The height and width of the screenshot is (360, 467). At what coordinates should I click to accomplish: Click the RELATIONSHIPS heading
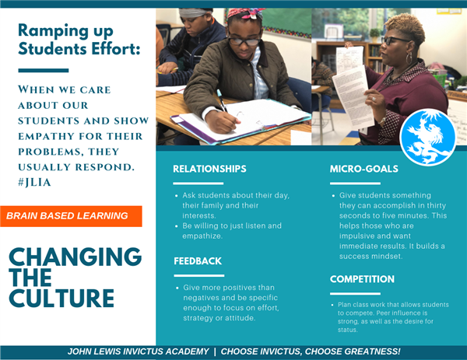[209, 169]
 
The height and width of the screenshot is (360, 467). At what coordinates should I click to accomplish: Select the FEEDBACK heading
[198, 261]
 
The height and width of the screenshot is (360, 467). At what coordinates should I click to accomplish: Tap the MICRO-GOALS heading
[364, 169]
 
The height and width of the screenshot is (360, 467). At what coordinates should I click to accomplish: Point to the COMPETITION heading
[362, 279]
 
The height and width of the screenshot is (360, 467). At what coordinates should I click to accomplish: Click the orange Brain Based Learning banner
[71, 216]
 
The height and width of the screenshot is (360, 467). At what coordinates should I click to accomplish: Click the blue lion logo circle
[427, 137]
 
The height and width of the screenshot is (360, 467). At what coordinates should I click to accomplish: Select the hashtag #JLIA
[34, 183]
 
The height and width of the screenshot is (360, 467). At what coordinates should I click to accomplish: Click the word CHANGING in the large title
[75, 257]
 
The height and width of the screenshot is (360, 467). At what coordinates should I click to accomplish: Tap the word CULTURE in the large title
[61, 298]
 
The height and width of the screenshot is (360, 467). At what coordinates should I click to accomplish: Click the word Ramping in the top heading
[53, 31]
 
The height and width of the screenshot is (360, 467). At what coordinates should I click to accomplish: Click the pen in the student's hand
[222, 100]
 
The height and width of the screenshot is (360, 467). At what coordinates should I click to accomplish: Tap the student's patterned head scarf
[246, 14]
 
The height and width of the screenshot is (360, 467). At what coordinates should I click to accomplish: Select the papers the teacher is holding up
[353, 86]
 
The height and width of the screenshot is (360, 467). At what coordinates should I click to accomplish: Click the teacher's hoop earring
[409, 58]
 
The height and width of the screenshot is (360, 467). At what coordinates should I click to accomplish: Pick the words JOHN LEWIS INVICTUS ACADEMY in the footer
[139, 351]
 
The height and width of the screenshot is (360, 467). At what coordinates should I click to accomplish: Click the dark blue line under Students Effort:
[44, 71]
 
